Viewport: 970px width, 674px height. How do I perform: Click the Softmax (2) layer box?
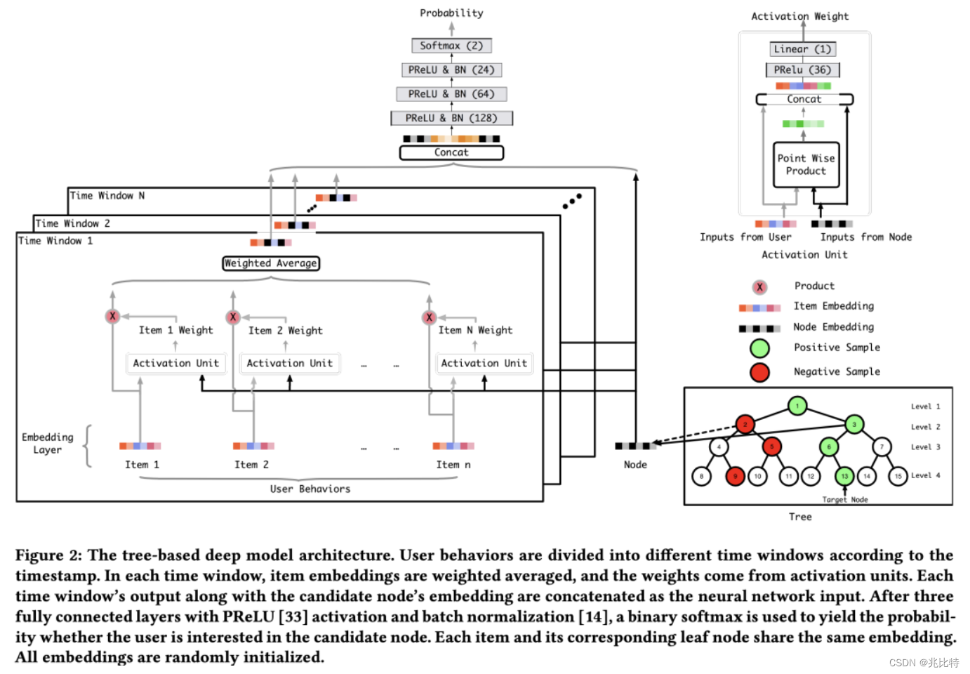(x=451, y=46)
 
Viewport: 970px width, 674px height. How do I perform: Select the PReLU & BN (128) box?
(x=451, y=118)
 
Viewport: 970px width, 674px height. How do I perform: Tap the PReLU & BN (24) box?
(x=451, y=70)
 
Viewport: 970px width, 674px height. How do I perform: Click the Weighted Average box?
(x=271, y=263)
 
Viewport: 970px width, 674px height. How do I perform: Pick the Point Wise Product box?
(x=806, y=165)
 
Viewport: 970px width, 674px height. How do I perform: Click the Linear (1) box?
(x=802, y=49)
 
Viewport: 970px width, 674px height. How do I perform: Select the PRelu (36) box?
(x=802, y=70)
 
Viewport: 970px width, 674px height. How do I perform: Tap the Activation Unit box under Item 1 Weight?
(x=176, y=363)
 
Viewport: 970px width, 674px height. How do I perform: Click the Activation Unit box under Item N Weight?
(x=484, y=363)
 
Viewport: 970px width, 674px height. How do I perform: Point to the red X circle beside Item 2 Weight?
(x=233, y=317)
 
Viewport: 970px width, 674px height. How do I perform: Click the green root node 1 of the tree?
(x=797, y=406)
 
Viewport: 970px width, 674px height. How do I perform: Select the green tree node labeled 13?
(x=844, y=476)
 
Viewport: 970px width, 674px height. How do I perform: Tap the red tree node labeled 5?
(x=771, y=447)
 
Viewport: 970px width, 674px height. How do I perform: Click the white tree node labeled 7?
(x=882, y=447)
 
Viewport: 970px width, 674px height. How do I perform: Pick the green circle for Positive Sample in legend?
(x=759, y=348)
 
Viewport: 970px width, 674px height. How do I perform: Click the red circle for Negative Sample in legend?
(x=759, y=372)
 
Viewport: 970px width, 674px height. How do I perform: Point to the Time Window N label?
(x=107, y=196)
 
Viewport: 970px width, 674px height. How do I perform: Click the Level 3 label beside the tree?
(x=925, y=447)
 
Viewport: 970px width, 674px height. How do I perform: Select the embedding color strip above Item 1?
(x=140, y=446)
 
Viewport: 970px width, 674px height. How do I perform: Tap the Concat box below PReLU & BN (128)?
(x=451, y=152)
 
